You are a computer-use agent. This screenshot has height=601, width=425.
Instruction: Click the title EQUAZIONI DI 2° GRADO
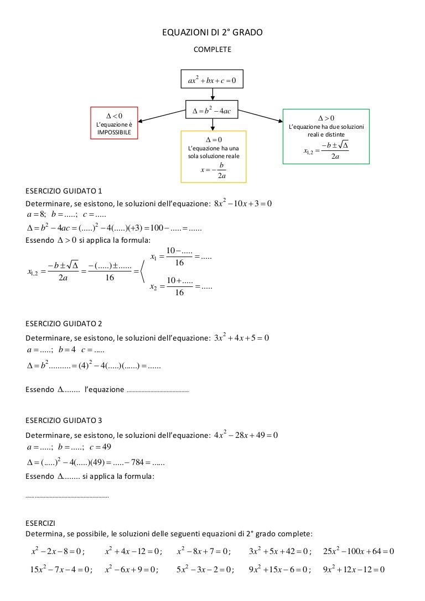click(212, 34)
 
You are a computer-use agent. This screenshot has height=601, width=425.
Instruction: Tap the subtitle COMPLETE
click(212, 50)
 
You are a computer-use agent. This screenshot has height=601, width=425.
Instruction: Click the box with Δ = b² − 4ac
click(212, 111)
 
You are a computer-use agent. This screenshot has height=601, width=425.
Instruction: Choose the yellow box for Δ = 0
click(213, 156)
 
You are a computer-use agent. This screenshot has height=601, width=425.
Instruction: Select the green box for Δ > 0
click(326, 136)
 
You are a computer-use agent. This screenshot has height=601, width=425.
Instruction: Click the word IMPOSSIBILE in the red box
click(114, 133)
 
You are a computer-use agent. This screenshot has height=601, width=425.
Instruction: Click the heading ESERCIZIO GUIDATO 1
click(64, 192)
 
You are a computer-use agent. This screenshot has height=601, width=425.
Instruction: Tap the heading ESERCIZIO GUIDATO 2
click(64, 323)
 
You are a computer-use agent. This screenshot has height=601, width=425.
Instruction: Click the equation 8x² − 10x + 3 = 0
click(243, 203)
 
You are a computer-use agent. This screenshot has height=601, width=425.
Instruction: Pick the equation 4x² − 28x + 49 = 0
click(246, 435)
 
